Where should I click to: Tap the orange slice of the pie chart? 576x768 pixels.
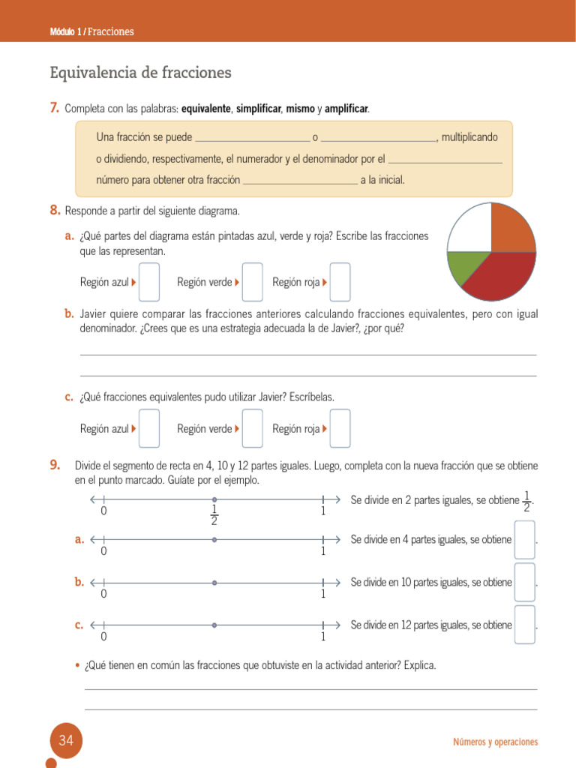point(513,228)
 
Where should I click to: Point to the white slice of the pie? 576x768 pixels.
point(469,228)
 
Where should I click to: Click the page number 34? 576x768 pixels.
point(66,741)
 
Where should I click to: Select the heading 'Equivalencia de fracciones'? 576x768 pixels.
point(140,73)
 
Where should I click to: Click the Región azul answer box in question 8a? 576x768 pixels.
point(149,282)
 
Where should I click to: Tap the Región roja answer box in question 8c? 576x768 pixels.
point(340,428)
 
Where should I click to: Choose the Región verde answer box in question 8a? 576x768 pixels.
point(253,282)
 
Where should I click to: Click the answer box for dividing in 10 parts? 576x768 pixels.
point(525,582)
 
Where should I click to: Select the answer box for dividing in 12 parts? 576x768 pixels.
point(525,625)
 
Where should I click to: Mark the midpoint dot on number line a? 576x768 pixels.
point(214,539)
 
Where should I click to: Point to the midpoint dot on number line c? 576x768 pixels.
point(214,625)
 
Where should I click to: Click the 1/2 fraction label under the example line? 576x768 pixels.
point(214,515)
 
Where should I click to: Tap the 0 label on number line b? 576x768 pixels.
point(103,594)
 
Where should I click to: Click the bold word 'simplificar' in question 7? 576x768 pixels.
point(259,109)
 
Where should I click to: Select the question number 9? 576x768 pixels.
point(55,465)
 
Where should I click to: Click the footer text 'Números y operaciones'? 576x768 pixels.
point(495,742)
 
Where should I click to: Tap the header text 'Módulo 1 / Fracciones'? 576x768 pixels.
point(91,31)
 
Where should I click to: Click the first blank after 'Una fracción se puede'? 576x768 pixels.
point(252,138)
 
